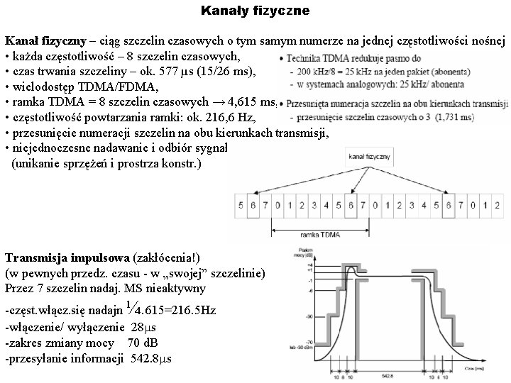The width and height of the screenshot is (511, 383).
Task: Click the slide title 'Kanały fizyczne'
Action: coord(255,11)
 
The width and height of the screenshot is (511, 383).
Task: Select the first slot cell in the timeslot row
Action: coord(242,207)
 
